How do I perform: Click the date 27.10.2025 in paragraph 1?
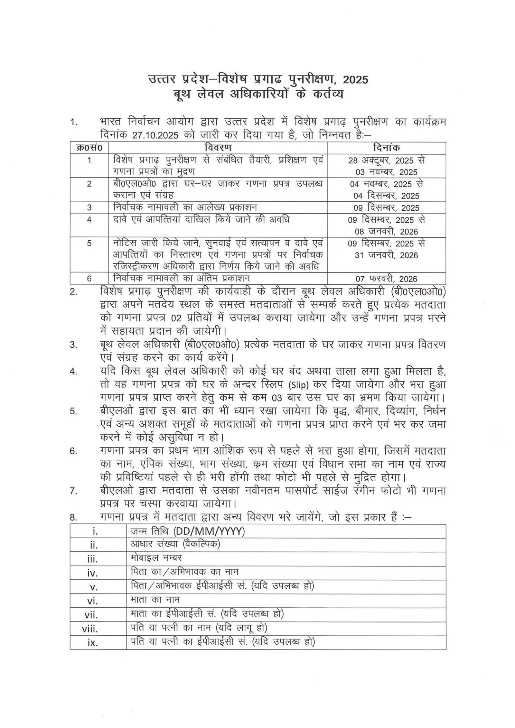coord(155,134)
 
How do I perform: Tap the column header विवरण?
coord(218,148)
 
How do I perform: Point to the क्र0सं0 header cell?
coord(89,148)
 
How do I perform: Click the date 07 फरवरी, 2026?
coord(386,279)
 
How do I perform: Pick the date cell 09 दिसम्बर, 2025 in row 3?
coord(386,207)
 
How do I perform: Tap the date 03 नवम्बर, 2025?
coord(386,172)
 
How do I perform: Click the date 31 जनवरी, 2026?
coord(386,255)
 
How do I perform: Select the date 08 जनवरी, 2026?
coord(386,232)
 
